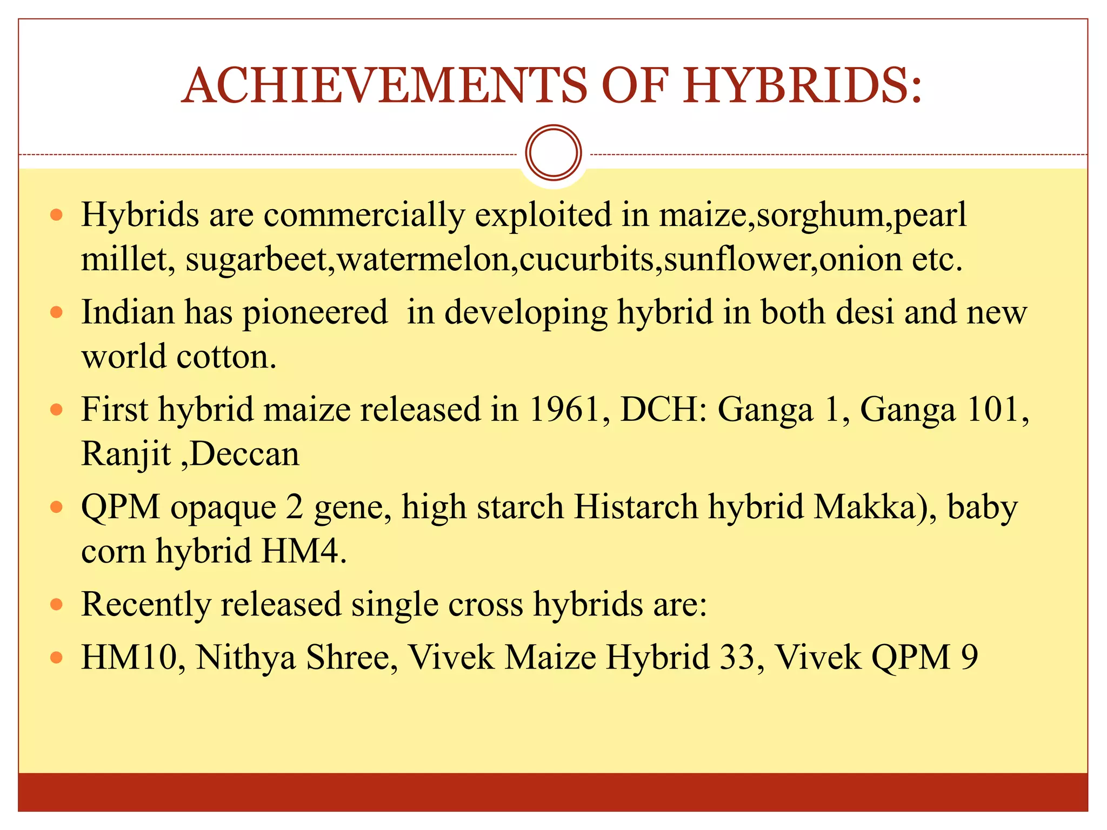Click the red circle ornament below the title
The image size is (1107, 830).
(x=553, y=153)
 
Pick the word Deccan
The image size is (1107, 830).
(x=245, y=453)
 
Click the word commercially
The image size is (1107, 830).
(x=364, y=215)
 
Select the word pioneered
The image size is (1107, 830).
(x=315, y=312)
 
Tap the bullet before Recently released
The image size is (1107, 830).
(x=56, y=604)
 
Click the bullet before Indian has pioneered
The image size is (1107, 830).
(x=56, y=312)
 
